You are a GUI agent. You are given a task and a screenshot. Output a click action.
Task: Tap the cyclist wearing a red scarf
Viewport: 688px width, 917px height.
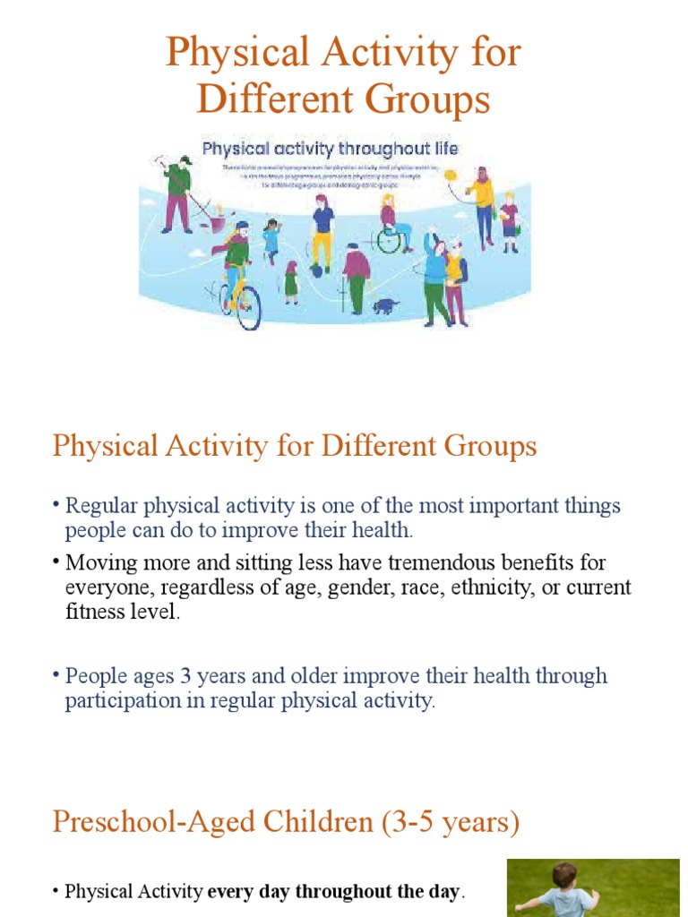[236, 260]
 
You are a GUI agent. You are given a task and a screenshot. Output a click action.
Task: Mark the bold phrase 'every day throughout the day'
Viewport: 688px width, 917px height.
[335, 892]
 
